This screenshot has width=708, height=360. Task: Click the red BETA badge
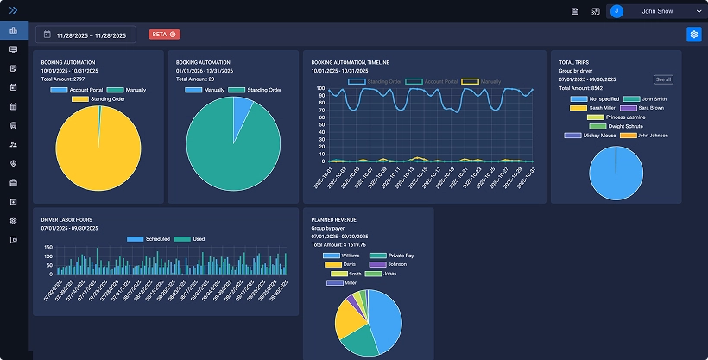[x=164, y=35]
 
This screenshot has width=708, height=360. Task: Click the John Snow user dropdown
[x=656, y=11]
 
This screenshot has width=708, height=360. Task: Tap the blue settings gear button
[x=693, y=35]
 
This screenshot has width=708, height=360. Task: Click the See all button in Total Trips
[x=663, y=79]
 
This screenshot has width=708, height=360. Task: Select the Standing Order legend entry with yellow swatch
[x=96, y=99]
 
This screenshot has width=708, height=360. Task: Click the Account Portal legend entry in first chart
[x=77, y=90]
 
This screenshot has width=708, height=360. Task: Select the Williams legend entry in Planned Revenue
[x=344, y=256]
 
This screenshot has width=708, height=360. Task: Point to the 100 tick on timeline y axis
[x=321, y=89]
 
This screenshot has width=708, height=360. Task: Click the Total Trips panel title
[x=575, y=63]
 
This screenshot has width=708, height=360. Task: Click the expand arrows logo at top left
[x=13, y=10]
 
